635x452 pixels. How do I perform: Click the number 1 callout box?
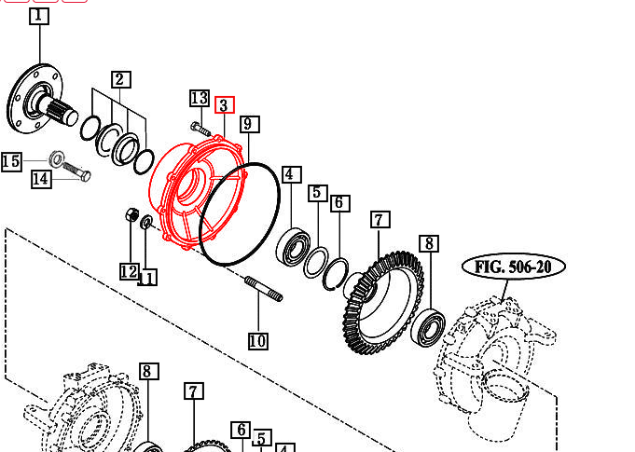[x=39, y=16]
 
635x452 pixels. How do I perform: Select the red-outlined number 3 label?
[x=225, y=105]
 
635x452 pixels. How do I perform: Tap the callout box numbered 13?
[x=200, y=99]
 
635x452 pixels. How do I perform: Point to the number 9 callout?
[x=250, y=124]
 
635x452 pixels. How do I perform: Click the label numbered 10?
[x=258, y=341]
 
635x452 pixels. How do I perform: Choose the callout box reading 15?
[x=11, y=161]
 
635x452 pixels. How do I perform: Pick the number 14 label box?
[x=41, y=179]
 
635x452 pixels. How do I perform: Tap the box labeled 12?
[x=130, y=271]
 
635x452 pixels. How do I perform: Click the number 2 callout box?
[x=121, y=79]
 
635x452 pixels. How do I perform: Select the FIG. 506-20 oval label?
[x=514, y=267]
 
